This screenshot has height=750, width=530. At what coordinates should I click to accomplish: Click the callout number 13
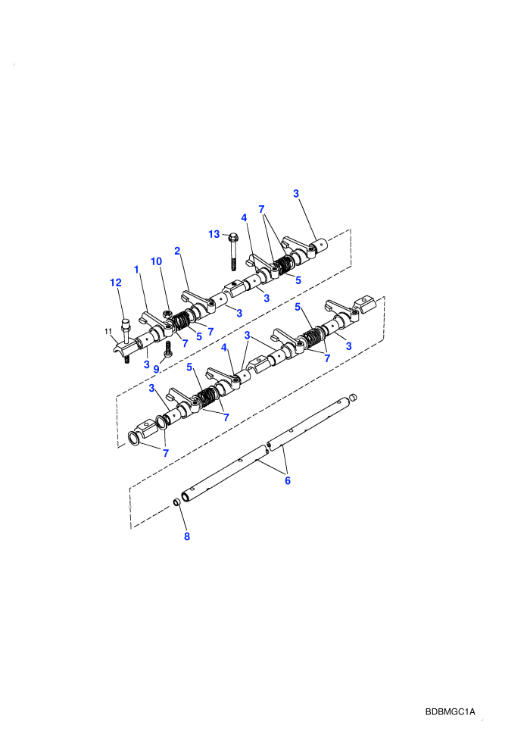[x=214, y=234]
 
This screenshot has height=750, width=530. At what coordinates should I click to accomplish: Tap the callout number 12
[x=116, y=283]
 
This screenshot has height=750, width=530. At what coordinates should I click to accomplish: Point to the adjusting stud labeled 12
[x=126, y=332]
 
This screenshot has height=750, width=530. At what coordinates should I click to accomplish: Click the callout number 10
[x=156, y=261]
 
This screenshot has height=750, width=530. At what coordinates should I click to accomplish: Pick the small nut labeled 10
[x=168, y=314]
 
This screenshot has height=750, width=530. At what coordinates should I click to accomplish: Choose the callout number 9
[x=156, y=369]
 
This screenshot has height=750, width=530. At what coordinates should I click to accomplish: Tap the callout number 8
[x=187, y=536]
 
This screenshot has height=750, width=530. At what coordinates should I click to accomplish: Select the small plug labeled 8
[x=176, y=502]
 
